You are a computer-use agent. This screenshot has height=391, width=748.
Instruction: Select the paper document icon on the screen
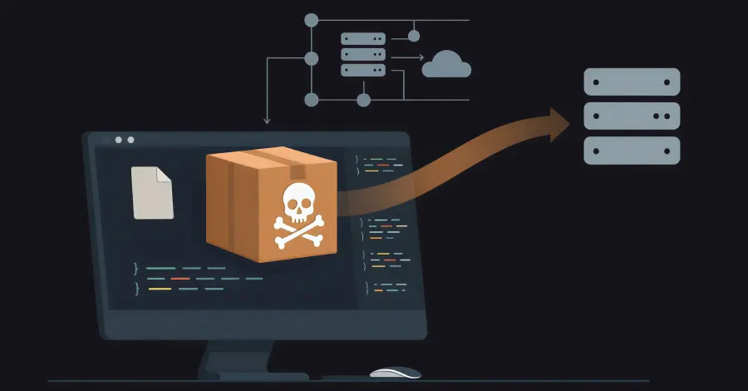152,192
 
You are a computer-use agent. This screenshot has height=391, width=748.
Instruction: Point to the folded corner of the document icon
165,175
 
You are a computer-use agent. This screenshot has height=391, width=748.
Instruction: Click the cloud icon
446,64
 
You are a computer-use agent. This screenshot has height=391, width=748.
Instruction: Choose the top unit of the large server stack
632,82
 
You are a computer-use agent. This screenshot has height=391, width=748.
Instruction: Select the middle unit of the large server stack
632,116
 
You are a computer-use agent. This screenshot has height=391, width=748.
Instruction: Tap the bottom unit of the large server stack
632,150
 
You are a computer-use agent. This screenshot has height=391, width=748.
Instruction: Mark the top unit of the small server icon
363,38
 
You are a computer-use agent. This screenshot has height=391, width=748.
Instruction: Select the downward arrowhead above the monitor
266,121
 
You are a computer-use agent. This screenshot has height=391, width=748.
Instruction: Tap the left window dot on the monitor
119,141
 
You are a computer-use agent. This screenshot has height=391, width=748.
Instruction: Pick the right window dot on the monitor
130,141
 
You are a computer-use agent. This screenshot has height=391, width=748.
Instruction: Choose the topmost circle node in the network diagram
312,18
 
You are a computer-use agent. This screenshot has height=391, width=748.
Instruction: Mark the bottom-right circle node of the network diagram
363,101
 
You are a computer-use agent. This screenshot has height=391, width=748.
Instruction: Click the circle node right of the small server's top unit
414,37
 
